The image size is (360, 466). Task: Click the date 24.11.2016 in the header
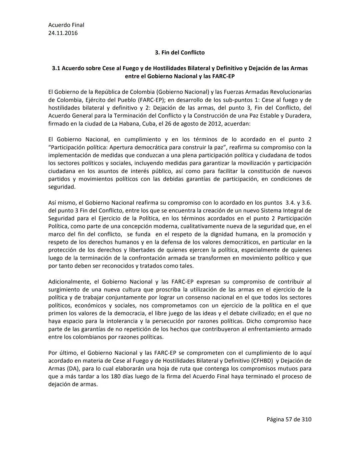63,33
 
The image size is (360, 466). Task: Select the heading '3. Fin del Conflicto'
180,52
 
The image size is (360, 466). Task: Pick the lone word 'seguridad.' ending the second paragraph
62,187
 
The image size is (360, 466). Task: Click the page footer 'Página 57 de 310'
289,419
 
